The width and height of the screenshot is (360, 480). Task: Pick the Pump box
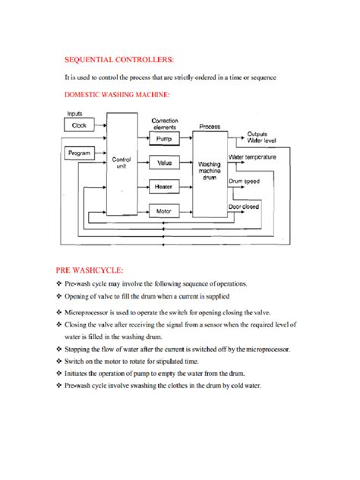click(164, 140)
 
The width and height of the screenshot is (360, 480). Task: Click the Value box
click(164, 163)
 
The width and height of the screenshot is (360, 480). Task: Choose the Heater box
click(164, 186)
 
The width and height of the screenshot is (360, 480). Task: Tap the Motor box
click(164, 210)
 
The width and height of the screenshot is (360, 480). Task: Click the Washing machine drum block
click(209, 169)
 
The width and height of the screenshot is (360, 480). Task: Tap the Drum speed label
click(245, 182)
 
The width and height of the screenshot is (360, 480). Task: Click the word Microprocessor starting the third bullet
click(93, 312)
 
